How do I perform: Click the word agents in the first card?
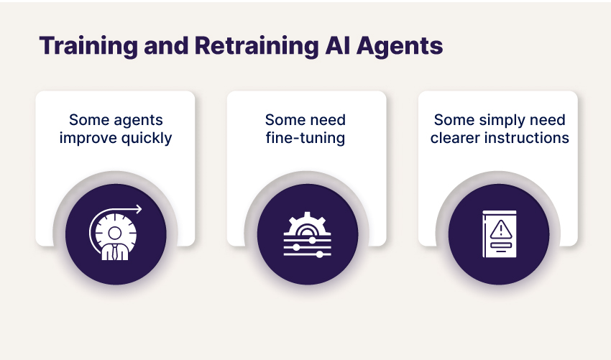point(139,121)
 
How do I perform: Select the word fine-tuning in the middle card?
point(305,138)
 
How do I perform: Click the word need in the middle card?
point(328,120)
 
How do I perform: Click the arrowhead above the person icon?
point(139,209)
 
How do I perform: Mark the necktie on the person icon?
point(114,252)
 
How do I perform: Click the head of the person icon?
point(114,234)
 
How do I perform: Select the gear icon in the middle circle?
point(307,223)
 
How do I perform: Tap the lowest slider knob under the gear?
point(320,255)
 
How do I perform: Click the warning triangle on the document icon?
point(501,229)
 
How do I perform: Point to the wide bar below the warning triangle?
point(501,245)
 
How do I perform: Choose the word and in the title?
point(166,45)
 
